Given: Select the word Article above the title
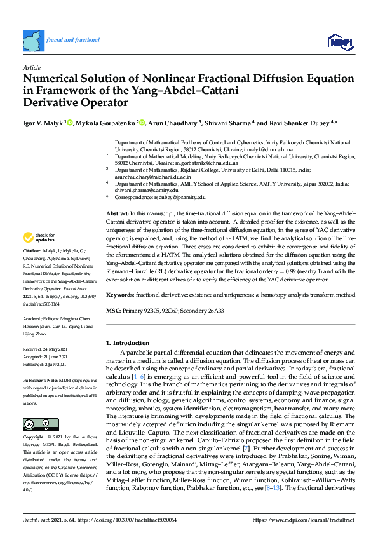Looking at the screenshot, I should pos(31,67).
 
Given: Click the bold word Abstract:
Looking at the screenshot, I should pos(118,214).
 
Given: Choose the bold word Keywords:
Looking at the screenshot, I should pos(120,295).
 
